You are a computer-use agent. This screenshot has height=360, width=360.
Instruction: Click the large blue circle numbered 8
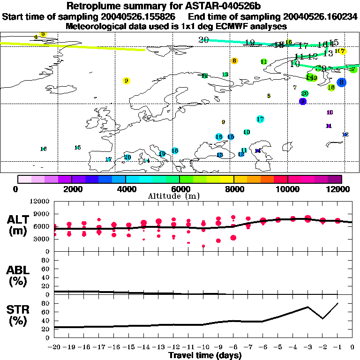tap(341, 82)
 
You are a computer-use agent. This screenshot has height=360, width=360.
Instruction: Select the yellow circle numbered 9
tap(126, 81)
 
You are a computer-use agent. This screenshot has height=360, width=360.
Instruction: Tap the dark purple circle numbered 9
tap(303, 101)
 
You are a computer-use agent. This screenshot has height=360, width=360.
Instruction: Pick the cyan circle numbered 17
tap(260, 119)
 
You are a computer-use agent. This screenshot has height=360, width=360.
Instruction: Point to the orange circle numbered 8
tap(234, 61)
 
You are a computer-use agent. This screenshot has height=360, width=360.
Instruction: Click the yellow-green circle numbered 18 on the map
tap(331, 87)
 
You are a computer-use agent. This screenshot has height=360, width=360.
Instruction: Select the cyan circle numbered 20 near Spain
tap(127, 157)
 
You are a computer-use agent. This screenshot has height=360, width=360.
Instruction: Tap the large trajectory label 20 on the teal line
tap(203, 40)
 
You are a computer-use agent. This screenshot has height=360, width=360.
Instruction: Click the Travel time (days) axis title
tap(205, 356)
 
